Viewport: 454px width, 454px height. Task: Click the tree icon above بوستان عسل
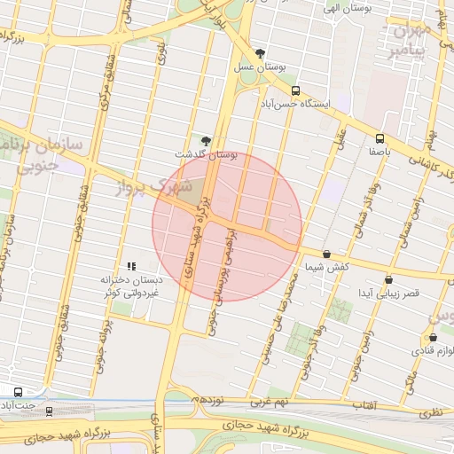[260, 53]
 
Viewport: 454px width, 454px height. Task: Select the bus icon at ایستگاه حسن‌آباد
[295, 90]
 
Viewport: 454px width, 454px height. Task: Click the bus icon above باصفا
[380, 138]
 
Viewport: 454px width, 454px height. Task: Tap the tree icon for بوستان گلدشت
[207, 141]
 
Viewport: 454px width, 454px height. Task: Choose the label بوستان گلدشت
[207, 154]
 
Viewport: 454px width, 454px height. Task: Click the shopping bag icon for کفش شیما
[327, 254]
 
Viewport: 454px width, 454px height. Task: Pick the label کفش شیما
[327, 267]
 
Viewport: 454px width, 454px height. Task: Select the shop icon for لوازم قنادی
[433, 337]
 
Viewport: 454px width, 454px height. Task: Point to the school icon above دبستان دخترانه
[131, 265]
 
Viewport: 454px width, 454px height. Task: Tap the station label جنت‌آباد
[18, 406]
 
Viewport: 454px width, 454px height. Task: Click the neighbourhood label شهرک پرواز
[153, 187]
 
